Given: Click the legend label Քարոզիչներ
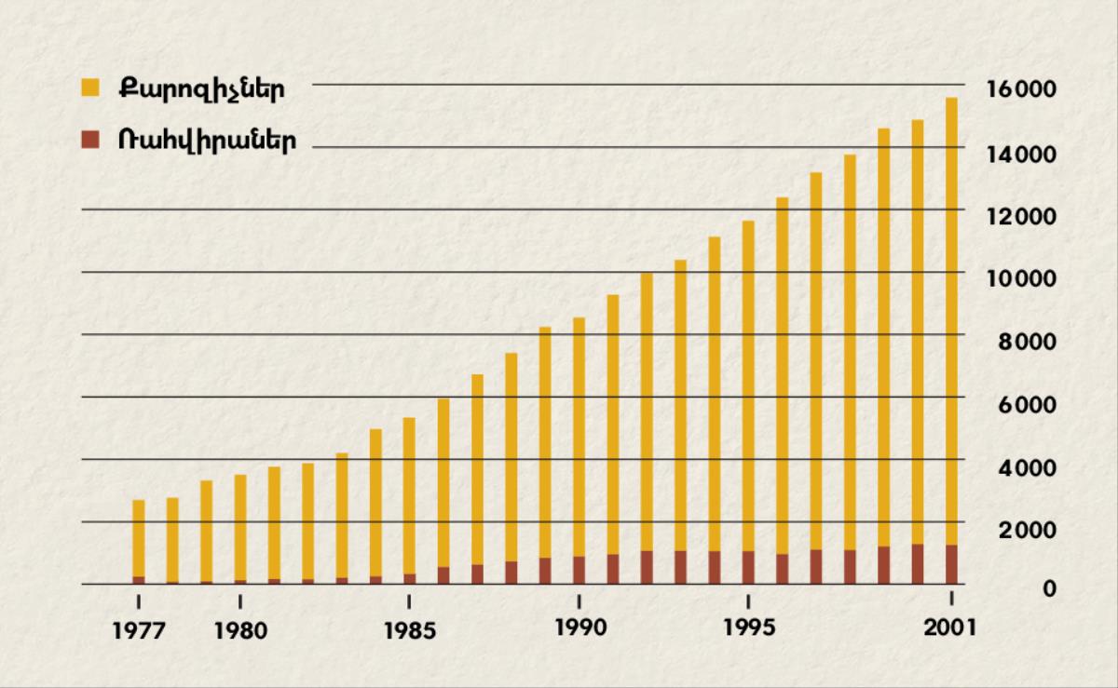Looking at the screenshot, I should pyautogui.click(x=200, y=89).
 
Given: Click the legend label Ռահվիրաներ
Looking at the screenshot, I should pyautogui.click(x=207, y=141).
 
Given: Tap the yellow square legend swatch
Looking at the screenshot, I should pyautogui.click(x=90, y=88).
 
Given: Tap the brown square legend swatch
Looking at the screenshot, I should pyautogui.click(x=90, y=140).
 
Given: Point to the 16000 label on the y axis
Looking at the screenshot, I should pyautogui.click(x=1022, y=90).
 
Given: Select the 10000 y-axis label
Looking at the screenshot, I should pyautogui.click(x=1022, y=278).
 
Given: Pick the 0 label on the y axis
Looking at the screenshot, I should pyautogui.click(x=1050, y=589).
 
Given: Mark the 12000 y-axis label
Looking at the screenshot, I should pyautogui.click(x=1022, y=216).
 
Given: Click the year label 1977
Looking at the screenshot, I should pyautogui.click(x=139, y=630).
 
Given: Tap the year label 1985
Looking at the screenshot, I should pyautogui.click(x=410, y=630).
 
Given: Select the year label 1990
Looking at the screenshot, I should pyautogui.click(x=579, y=627).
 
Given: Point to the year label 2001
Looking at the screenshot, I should pyautogui.click(x=950, y=627).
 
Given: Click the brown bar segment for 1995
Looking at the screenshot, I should pyautogui.click(x=748, y=567).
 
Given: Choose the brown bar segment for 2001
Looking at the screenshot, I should pyautogui.click(x=951, y=564).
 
